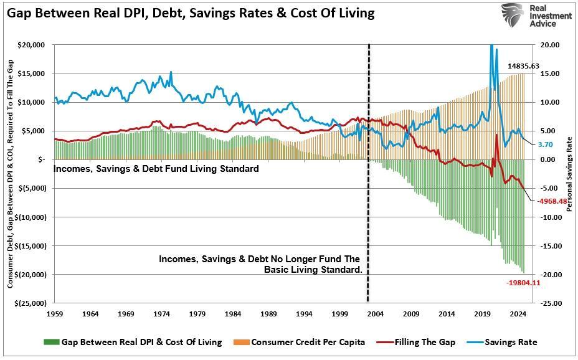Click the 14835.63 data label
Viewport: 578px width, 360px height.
coord(523,66)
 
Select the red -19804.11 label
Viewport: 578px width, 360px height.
coord(523,283)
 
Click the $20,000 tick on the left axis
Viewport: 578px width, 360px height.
coord(31,45)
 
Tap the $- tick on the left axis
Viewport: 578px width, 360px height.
coord(39,159)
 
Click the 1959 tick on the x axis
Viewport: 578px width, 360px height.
coord(55,314)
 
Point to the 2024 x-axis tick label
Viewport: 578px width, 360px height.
coord(519,314)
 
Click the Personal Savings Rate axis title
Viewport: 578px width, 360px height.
coord(569,174)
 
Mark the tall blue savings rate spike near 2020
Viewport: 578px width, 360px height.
coord(492,49)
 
